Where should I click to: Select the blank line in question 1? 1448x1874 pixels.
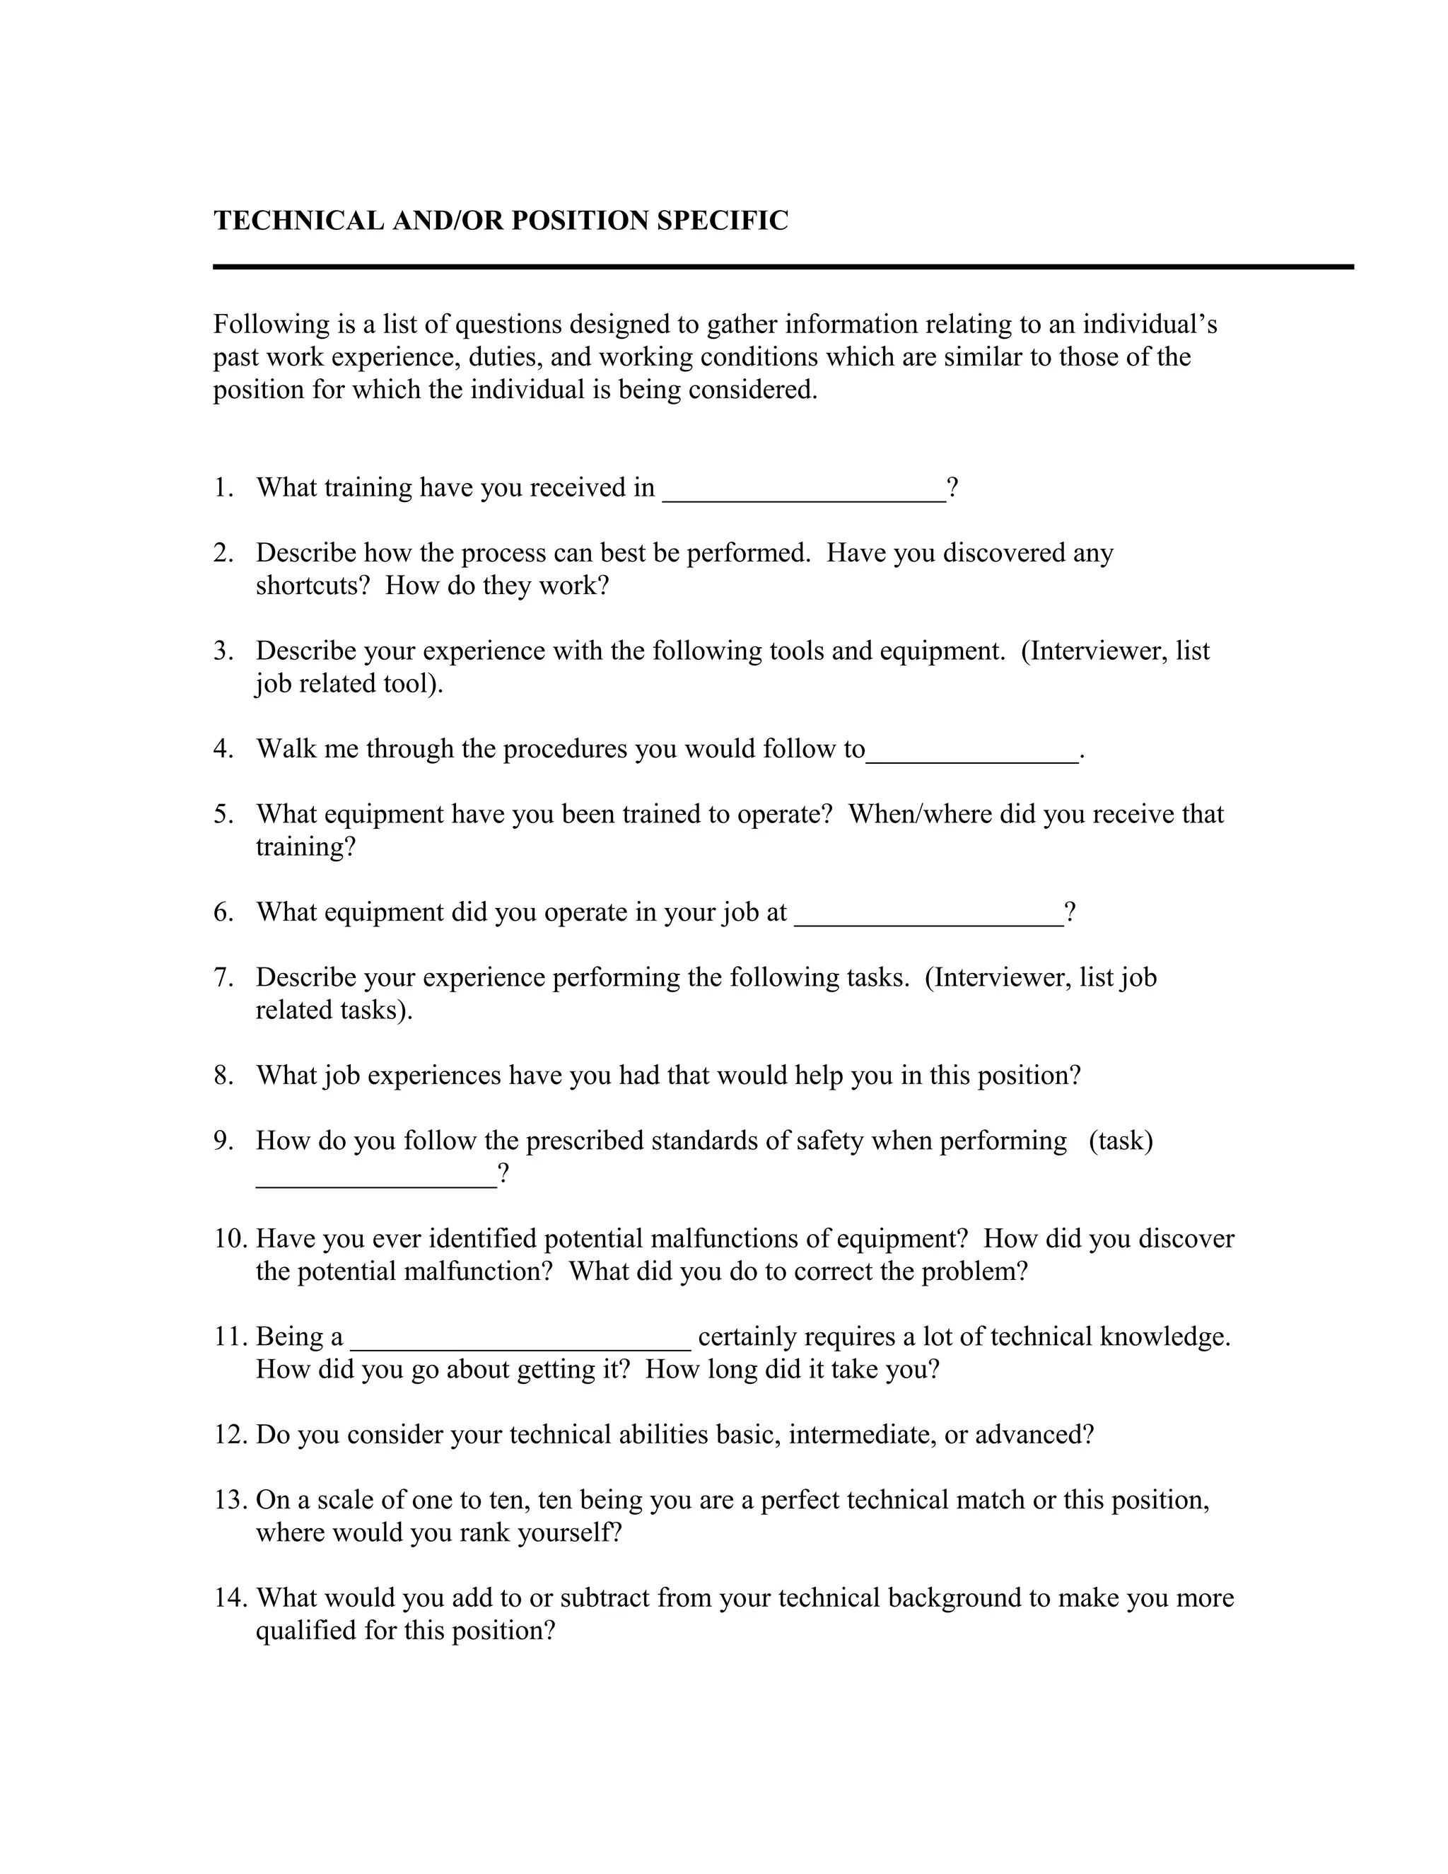(x=803, y=496)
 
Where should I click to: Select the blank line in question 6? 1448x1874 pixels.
(x=928, y=920)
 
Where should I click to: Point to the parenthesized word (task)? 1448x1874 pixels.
(x=1121, y=1141)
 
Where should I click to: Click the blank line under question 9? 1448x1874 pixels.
(x=375, y=1182)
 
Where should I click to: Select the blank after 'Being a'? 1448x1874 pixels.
(x=520, y=1344)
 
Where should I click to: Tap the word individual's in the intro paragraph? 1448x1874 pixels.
(x=1150, y=325)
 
